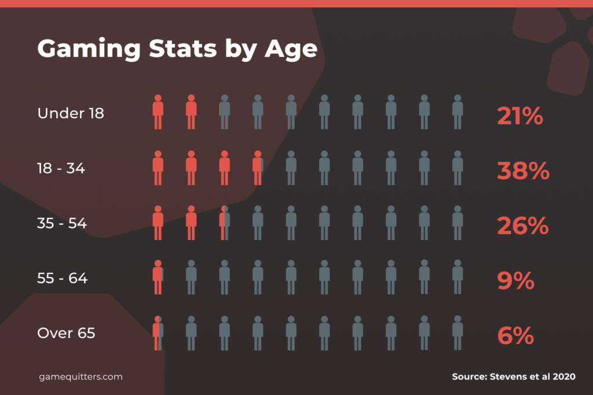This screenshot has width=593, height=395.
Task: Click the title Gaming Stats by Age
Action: point(177,49)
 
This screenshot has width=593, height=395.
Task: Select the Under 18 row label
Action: point(71,113)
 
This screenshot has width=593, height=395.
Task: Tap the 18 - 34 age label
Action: point(61,168)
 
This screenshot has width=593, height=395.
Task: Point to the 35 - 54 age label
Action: point(62,223)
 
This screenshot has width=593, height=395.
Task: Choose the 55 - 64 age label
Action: point(63,278)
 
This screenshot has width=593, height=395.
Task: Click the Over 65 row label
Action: point(66,333)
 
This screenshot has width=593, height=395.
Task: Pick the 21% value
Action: point(520,117)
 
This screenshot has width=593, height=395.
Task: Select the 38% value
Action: point(523,171)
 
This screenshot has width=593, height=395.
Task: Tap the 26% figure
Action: point(522,226)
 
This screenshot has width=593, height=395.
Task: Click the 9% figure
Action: point(515,281)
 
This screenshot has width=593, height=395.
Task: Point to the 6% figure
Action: point(515,336)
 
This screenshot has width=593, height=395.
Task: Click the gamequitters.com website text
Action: point(81,376)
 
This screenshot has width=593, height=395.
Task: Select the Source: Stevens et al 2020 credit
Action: point(514,376)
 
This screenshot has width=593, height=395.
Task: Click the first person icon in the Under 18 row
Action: point(158,112)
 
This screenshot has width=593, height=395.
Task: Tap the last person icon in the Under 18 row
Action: point(457,112)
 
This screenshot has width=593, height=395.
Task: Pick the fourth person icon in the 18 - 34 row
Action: point(258,168)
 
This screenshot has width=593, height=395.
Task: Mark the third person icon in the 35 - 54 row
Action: point(225,223)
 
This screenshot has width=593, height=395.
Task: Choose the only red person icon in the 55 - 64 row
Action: point(158,277)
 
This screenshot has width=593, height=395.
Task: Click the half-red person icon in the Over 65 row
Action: point(158,332)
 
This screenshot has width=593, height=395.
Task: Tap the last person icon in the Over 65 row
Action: point(457,332)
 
